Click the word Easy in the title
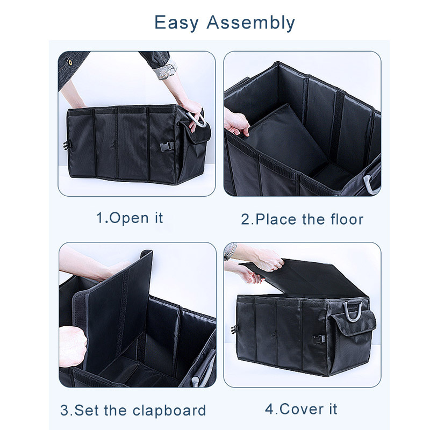[x=176, y=23]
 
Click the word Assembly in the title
[x=250, y=23]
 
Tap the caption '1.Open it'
[x=130, y=218]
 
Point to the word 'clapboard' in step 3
[x=169, y=411]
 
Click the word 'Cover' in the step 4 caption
[x=301, y=410]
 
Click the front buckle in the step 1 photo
[x=167, y=146]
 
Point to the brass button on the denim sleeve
[x=70, y=62]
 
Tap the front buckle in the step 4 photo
[x=318, y=340]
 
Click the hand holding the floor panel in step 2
[x=236, y=123]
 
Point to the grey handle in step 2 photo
[x=370, y=183]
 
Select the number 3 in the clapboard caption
[x=65, y=411]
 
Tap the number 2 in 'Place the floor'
[x=246, y=220]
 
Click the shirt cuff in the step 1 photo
[x=165, y=69]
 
